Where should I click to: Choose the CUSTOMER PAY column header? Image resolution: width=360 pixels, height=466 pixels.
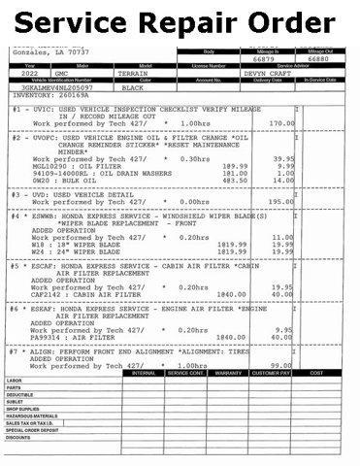tap(273, 372)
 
